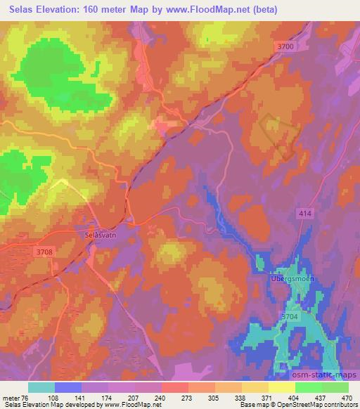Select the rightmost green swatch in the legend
click(335, 387)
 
